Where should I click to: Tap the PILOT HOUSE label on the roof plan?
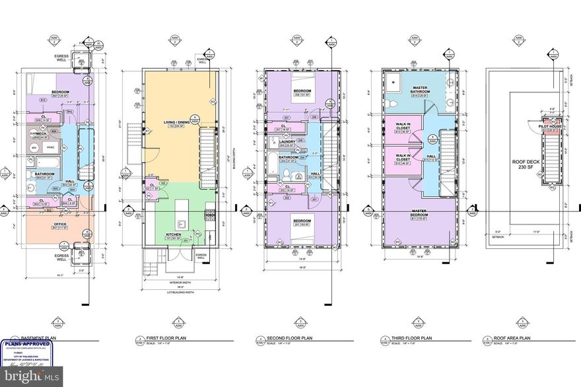click(549, 125)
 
